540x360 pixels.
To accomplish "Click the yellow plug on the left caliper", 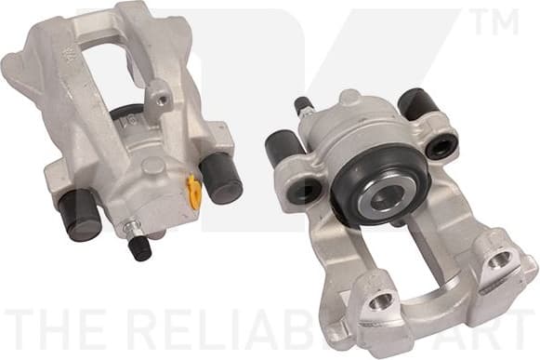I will point(193,191).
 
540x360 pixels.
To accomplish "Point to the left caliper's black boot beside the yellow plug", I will point(221,176).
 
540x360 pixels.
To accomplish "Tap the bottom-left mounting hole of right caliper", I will point(380,301).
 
